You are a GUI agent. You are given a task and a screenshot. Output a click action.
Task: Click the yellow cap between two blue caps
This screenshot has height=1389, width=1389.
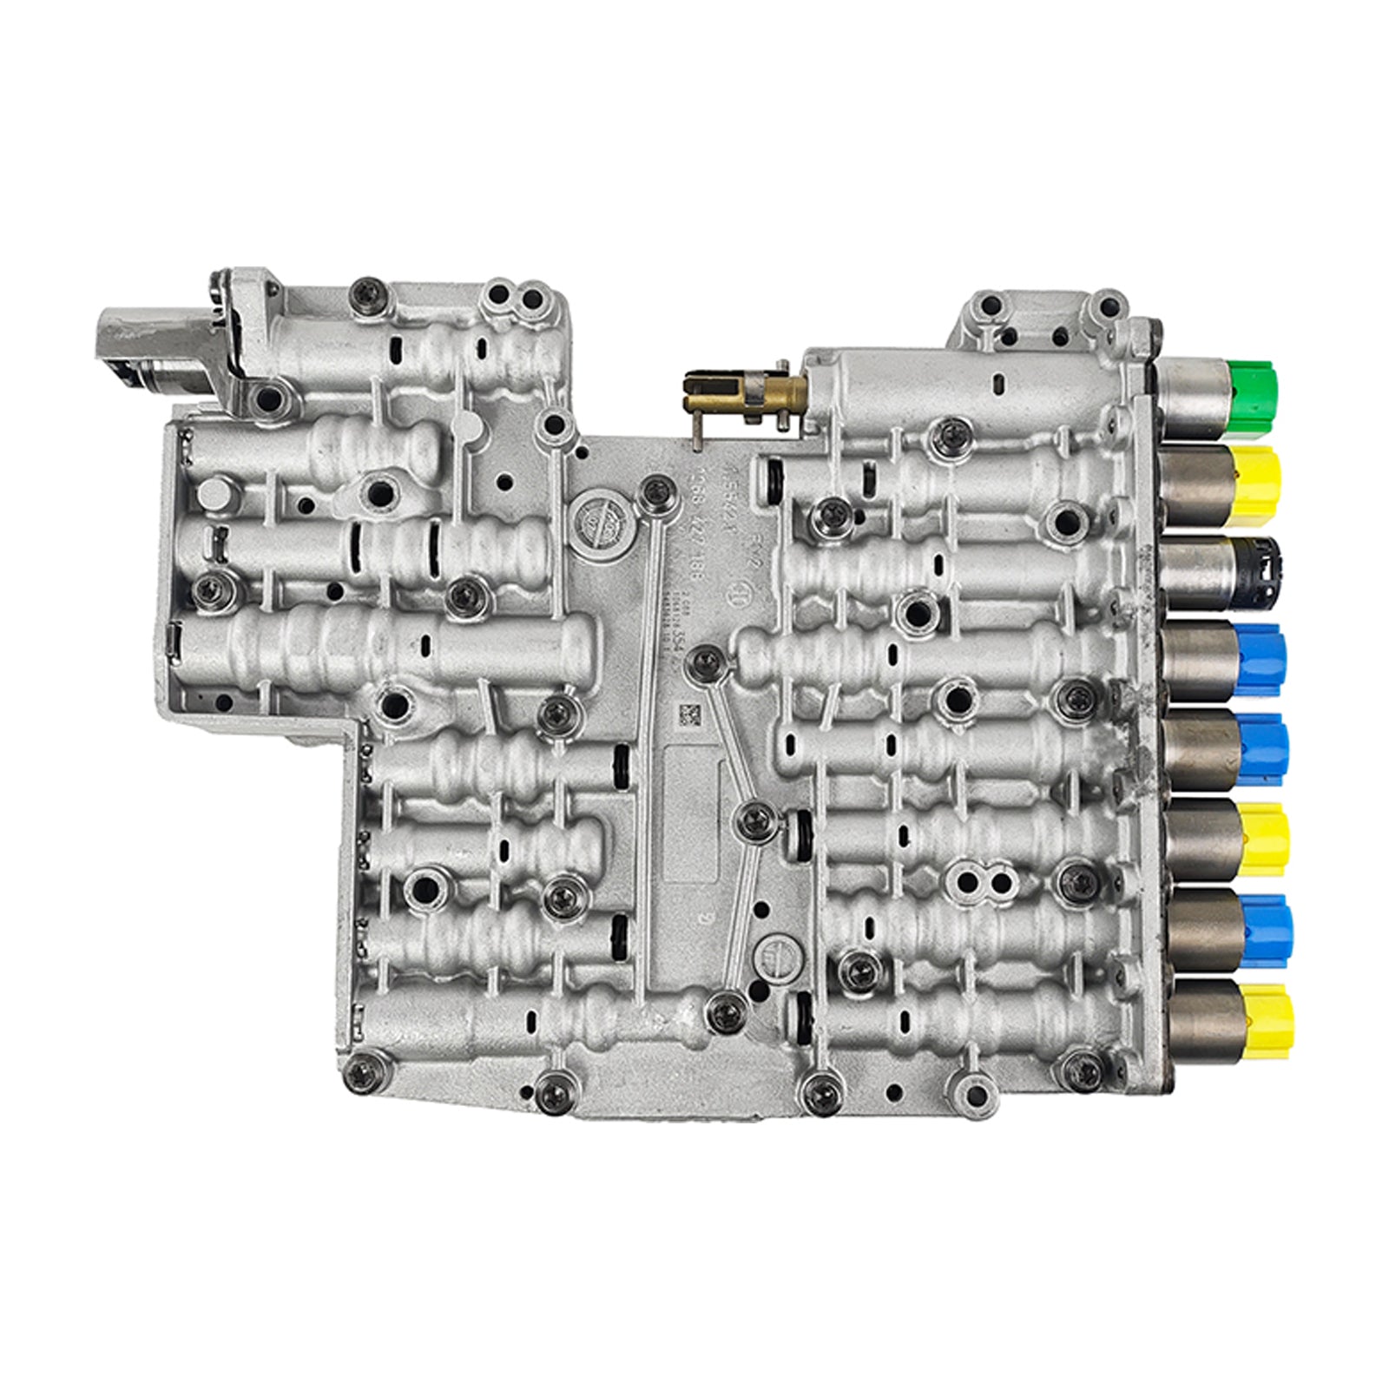(1263, 839)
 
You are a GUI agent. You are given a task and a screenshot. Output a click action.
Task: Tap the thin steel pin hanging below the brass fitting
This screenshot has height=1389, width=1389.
(697, 430)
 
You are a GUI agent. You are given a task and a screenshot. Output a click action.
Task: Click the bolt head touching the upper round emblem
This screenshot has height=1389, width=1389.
(649, 493)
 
